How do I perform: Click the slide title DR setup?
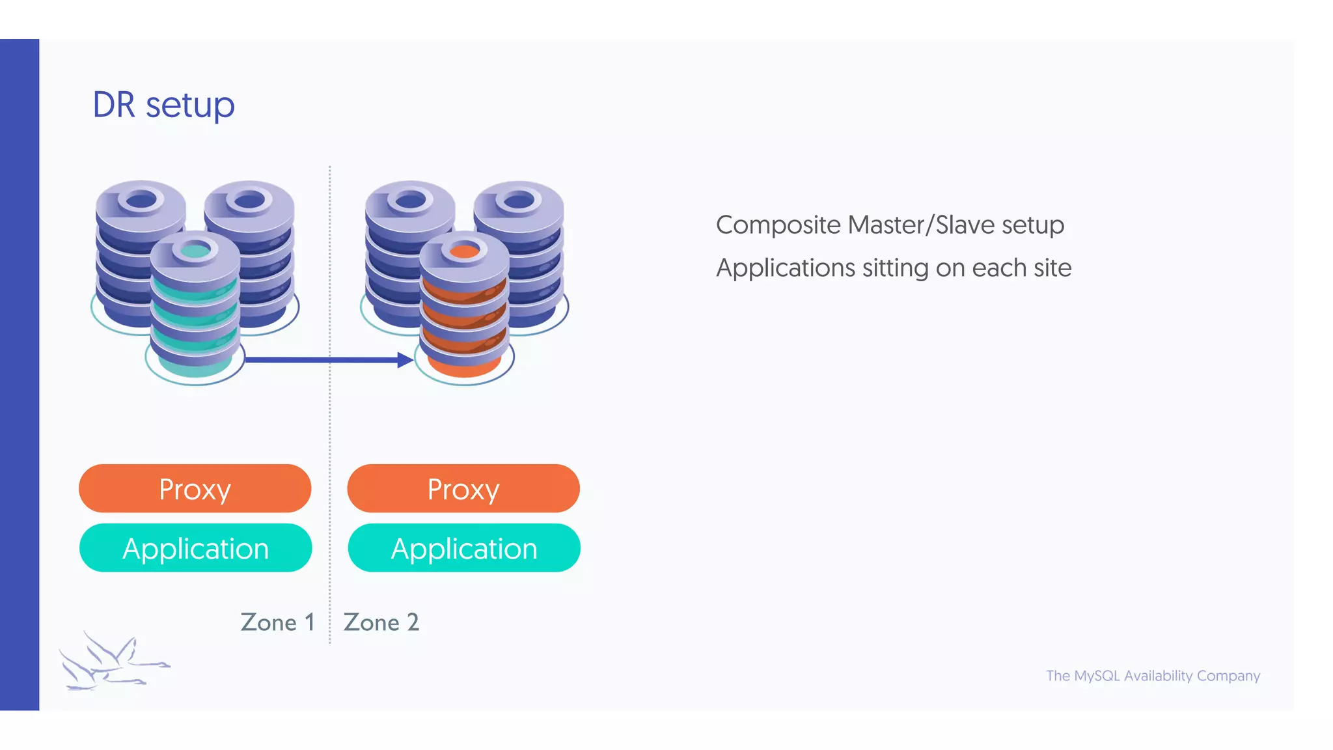(163, 105)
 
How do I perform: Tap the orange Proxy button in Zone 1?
(195, 489)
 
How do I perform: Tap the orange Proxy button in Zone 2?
(463, 489)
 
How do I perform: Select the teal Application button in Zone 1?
(195, 548)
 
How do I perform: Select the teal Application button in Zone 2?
(463, 548)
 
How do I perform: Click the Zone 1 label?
(277, 622)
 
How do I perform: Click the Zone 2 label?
(381, 622)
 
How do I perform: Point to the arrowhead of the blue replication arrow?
(405, 359)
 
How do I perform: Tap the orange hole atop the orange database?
(464, 251)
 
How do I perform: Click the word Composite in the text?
(778, 225)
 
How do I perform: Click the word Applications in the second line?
(785, 268)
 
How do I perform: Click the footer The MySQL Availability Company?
(1153, 676)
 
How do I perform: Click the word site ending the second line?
(1050, 268)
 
